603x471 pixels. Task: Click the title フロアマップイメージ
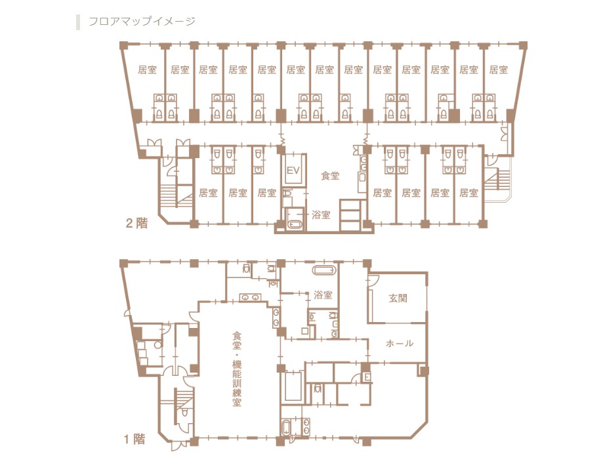click(x=142, y=22)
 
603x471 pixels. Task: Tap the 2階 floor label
click(x=136, y=223)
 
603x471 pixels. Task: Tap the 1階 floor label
click(x=135, y=439)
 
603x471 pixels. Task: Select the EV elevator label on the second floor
click(x=293, y=170)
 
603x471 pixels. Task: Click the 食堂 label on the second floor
click(x=330, y=176)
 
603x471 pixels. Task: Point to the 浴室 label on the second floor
click(x=321, y=215)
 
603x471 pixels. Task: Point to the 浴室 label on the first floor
click(x=323, y=295)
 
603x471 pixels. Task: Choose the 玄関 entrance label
click(x=398, y=298)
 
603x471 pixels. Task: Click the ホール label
click(x=400, y=343)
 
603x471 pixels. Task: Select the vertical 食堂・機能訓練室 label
click(x=236, y=369)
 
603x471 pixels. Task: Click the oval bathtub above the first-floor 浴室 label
click(x=324, y=270)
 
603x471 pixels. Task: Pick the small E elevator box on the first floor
click(x=367, y=377)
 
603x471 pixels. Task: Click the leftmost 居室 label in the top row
click(x=147, y=70)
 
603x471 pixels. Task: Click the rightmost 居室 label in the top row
click(x=499, y=70)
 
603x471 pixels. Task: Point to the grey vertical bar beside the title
click(x=78, y=22)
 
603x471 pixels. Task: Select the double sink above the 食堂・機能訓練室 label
click(x=250, y=297)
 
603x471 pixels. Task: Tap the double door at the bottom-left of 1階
click(x=178, y=445)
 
